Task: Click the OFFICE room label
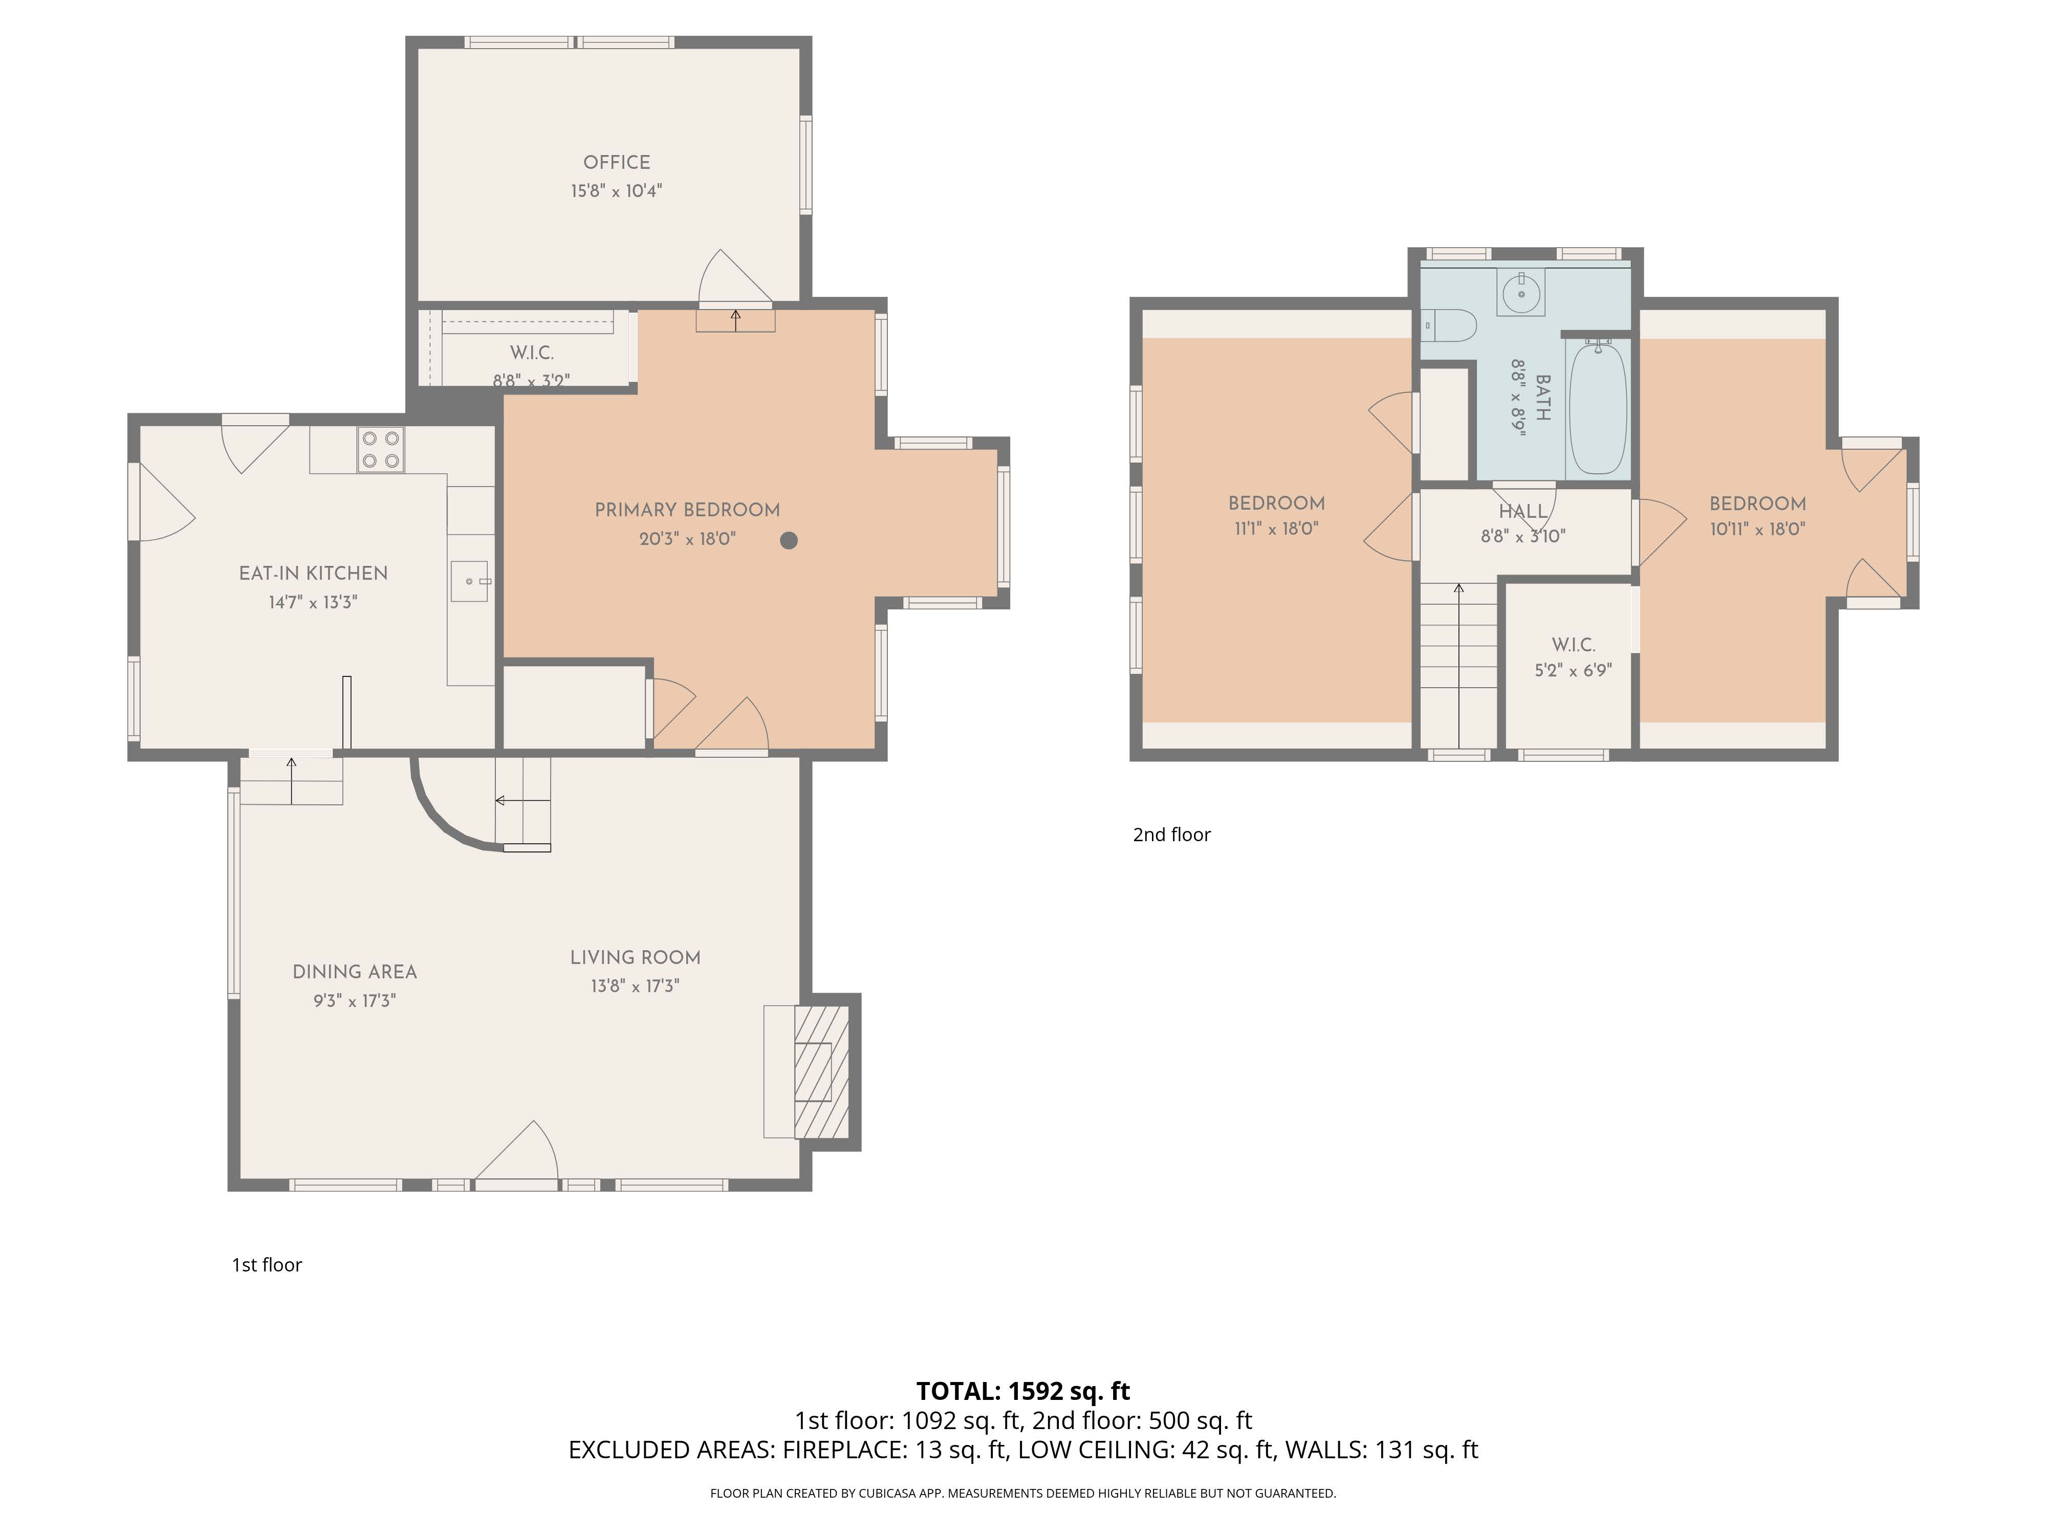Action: coord(616,162)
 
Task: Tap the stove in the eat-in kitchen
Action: coord(380,450)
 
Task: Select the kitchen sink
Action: coord(469,581)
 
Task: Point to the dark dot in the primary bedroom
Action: coord(789,540)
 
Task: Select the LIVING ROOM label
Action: coord(635,958)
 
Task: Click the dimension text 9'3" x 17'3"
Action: coord(355,1000)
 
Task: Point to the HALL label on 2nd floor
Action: coord(1522,512)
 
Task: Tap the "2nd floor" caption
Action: coord(1171,835)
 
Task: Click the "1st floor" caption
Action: coord(267,1265)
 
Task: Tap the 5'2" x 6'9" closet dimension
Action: coord(1573,670)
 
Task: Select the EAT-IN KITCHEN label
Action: coord(313,574)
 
